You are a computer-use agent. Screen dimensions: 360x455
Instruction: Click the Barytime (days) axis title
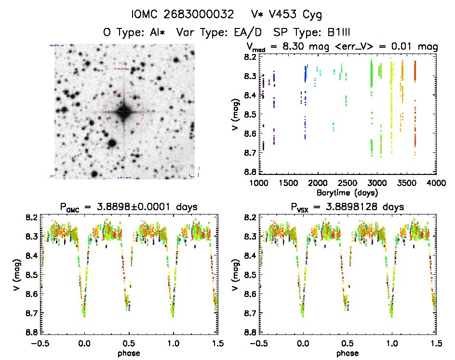[348, 193]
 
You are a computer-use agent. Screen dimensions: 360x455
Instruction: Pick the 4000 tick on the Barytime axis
[437, 183]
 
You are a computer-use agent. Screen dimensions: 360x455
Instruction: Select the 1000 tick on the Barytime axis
[259, 183]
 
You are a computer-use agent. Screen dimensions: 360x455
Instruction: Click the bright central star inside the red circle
[124, 111]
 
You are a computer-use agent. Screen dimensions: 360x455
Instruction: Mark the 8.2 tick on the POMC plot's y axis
[31, 217]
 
